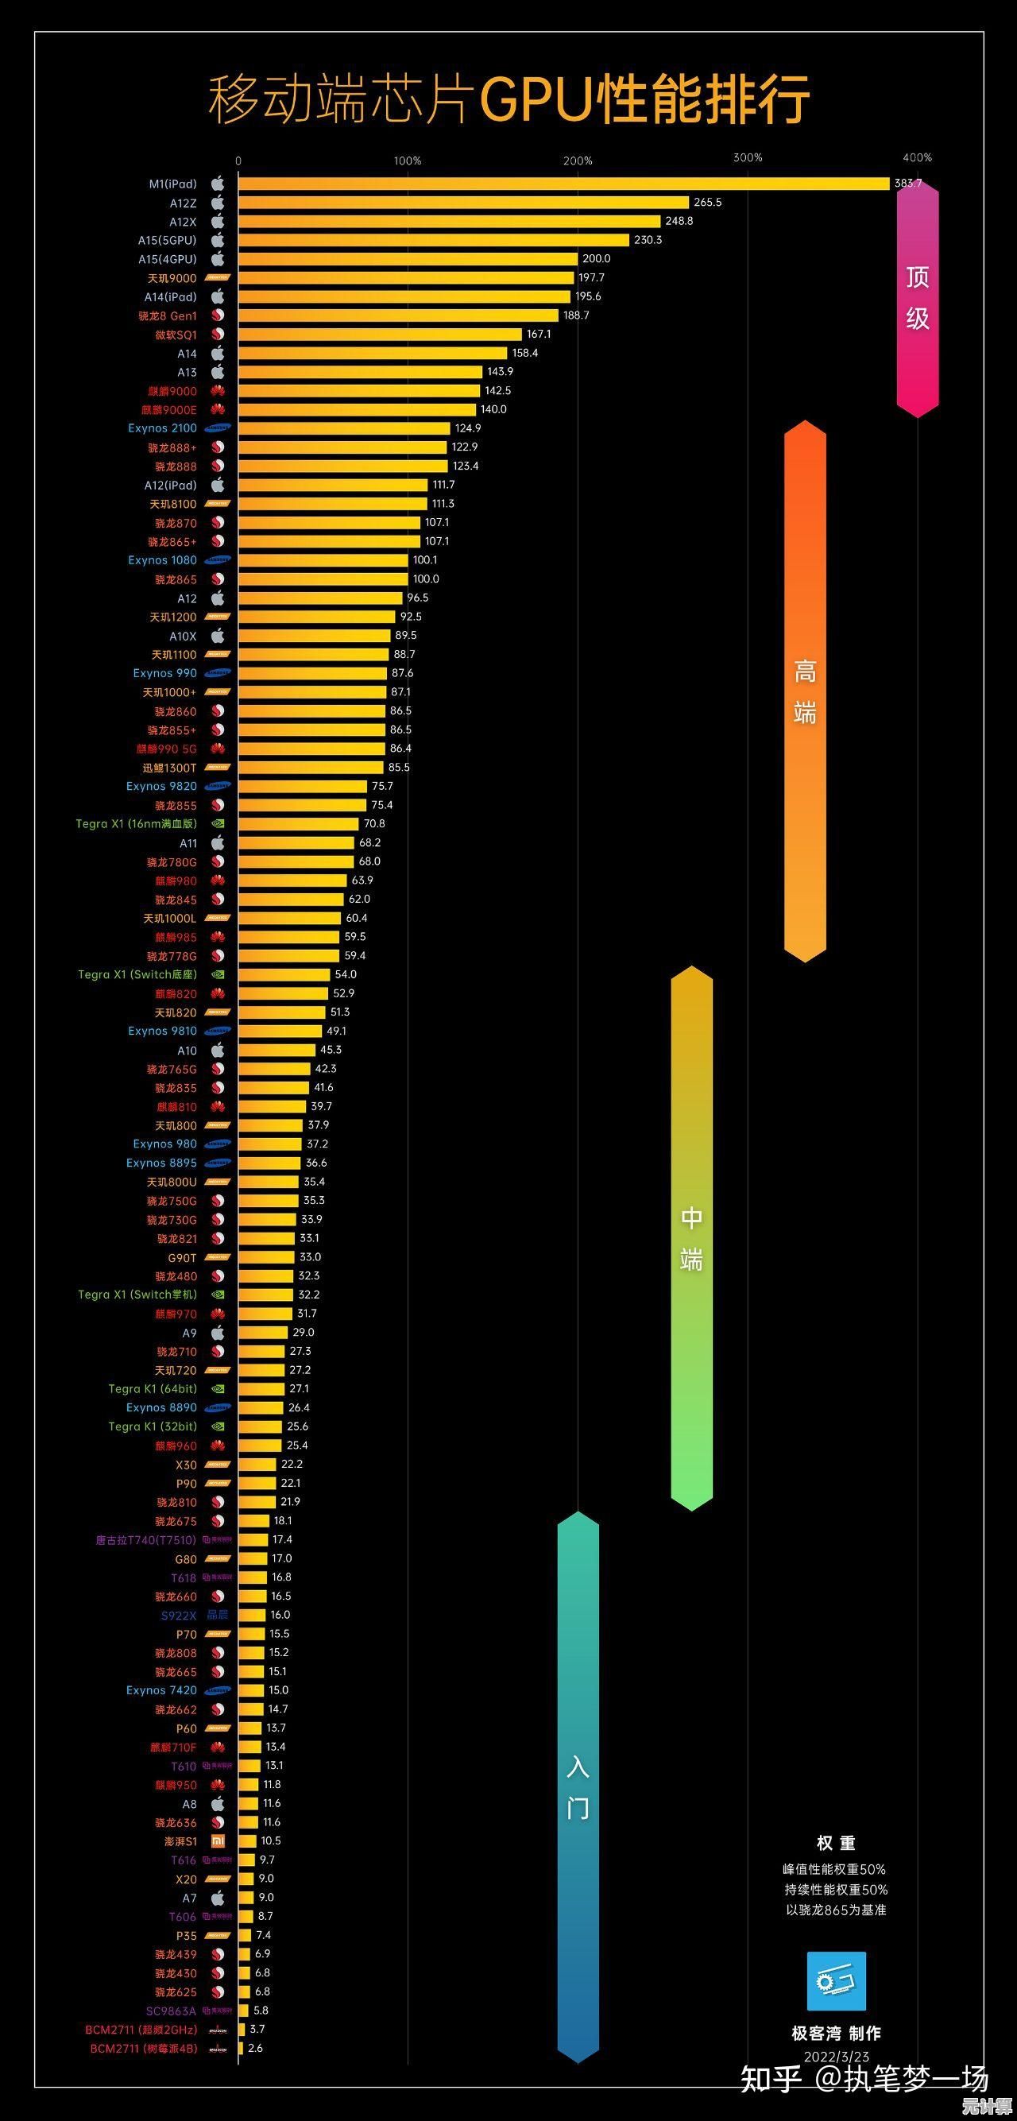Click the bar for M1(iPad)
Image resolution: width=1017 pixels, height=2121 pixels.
pyautogui.click(x=563, y=184)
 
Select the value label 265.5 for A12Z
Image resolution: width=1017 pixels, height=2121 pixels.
pyautogui.click(x=707, y=203)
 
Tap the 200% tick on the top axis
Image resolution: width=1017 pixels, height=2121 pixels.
pyautogui.click(x=578, y=161)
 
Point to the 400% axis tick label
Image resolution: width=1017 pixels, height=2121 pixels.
pyautogui.click(x=917, y=157)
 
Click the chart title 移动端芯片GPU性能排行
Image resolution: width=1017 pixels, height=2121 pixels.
pyautogui.click(x=508, y=99)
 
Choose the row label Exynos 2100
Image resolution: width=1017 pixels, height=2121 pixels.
pyautogui.click(x=162, y=428)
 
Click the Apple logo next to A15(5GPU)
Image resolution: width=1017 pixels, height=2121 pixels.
pyautogui.click(x=218, y=241)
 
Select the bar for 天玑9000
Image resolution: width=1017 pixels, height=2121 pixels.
pyautogui.click(x=405, y=278)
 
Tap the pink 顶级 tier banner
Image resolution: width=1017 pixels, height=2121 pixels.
pyautogui.click(x=918, y=298)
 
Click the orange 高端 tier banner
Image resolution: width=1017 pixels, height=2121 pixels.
pyautogui.click(x=805, y=691)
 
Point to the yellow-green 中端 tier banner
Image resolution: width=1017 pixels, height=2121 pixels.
pyautogui.click(x=692, y=1237)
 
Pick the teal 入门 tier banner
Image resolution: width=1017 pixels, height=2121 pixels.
pyautogui.click(x=578, y=1786)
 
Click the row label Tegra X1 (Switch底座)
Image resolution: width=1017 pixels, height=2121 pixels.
pyautogui.click(x=137, y=975)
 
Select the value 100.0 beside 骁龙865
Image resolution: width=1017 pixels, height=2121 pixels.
pyautogui.click(x=426, y=579)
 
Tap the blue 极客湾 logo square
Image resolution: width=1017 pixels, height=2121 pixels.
pyautogui.click(x=836, y=1981)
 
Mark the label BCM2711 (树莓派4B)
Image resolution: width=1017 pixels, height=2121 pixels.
pyautogui.click(x=143, y=2048)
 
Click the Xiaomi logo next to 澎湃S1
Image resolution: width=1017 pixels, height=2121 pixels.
pyautogui.click(x=218, y=1841)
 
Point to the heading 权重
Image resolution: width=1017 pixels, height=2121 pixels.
pyautogui.click(x=836, y=1844)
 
